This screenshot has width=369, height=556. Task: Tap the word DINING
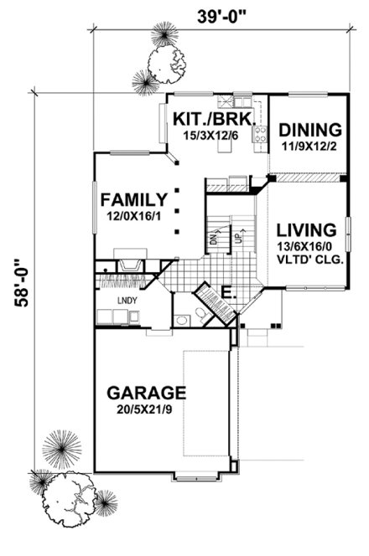coord(310,130)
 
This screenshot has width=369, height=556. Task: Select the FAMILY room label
coord(132,199)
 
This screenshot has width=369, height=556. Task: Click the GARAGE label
coord(146,392)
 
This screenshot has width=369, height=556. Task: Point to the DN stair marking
coord(213,238)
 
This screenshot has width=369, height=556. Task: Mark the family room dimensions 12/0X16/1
coord(132,215)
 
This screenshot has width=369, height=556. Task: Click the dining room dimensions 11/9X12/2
coord(310,145)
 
